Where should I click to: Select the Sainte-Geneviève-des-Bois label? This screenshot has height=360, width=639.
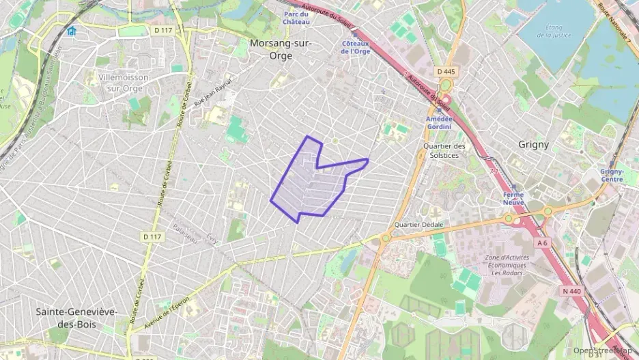pyautogui.click(x=76, y=318)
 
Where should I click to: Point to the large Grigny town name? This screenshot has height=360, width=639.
pyautogui.click(x=533, y=145)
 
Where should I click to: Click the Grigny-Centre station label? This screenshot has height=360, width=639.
pyautogui.click(x=611, y=176)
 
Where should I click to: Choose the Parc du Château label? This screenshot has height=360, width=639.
pyautogui.click(x=296, y=18)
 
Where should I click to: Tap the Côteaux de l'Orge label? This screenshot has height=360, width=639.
pyautogui.click(x=355, y=47)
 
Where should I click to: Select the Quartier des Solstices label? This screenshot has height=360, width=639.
pyautogui.click(x=444, y=150)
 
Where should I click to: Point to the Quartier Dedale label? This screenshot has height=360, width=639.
pyautogui.click(x=418, y=225)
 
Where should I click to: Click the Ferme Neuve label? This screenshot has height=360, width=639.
pyautogui.click(x=513, y=199)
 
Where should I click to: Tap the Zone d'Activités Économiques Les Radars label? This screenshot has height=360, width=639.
pyautogui.click(x=506, y=265)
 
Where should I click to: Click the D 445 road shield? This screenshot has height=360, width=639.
pyautogui.click(x=445, y=72)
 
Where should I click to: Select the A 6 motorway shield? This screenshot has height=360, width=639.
pyautogui.click(x=543, y=243)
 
